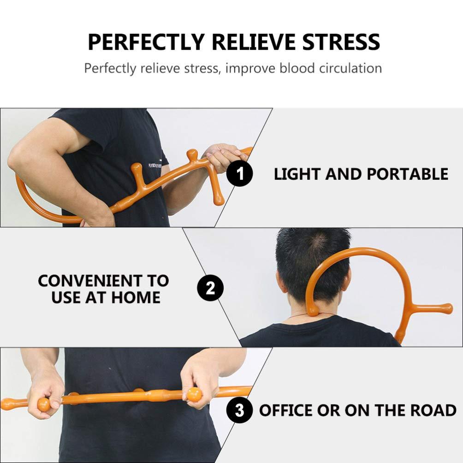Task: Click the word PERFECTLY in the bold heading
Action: coord(146,42)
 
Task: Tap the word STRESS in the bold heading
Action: coord(341,42)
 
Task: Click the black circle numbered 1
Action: coord(240,174)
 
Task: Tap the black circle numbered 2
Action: coord(210,289)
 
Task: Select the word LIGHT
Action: coord(297,174)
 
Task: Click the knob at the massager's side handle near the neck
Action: coord(446,308)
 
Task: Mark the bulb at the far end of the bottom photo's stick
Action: coord(6,404)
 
